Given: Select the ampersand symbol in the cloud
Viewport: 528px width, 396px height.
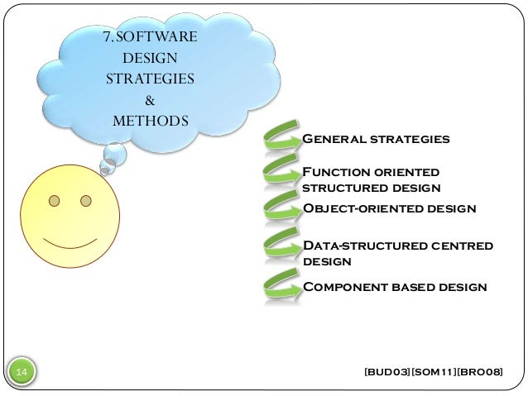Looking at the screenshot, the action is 150,101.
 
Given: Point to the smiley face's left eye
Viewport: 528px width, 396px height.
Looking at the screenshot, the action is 54,201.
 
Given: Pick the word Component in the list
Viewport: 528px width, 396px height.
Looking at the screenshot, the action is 340,287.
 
